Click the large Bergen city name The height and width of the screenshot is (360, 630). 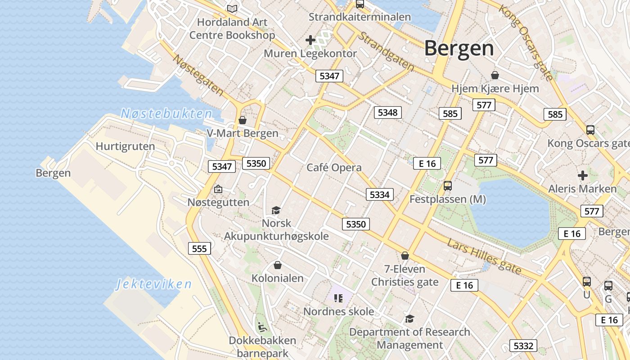click(459, 48)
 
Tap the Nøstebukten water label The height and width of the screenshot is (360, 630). click(166, 114)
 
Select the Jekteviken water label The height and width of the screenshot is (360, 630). click(154, 284)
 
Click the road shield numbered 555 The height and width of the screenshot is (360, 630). click(199, 249)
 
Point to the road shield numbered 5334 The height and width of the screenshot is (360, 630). click(379, 194)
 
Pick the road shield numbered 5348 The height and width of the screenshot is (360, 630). click(387, 112)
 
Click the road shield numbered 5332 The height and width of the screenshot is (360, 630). click(523, 346)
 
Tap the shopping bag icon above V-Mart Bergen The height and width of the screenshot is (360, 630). click(243, 120)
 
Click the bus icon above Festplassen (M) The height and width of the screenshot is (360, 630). click(447, 185)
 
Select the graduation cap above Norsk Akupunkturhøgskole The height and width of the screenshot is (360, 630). click(276, 210)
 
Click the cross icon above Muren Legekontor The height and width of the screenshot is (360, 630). click(310, 40)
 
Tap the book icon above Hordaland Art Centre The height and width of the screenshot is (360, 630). click(232, 9)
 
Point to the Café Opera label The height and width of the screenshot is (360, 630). click(334, 168)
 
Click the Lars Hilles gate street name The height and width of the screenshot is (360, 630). click(484, 256)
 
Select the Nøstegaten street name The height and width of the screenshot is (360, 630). click(198, 75)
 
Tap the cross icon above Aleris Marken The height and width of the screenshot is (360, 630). click(583, 175)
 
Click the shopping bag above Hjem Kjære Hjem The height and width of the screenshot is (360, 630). click(495, 75)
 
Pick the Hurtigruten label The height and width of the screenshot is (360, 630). click(125, 146)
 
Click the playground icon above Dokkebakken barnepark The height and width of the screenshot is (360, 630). click(262, 326)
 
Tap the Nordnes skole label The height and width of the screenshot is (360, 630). click(338, 311)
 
